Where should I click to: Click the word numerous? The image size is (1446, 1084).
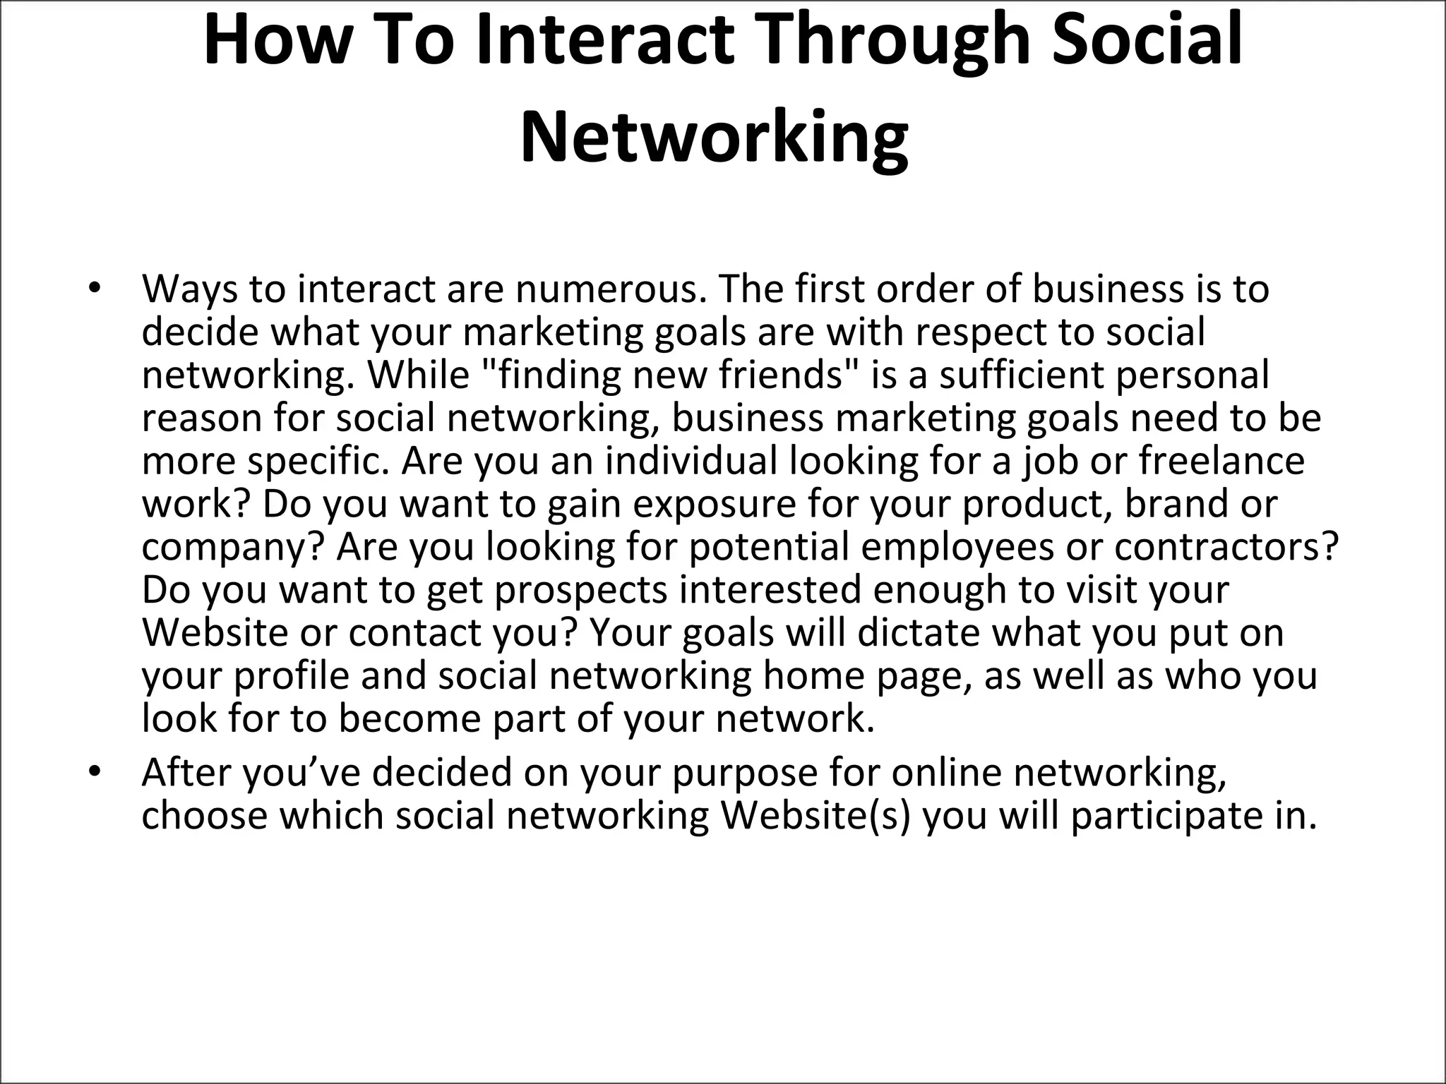pos(609,289)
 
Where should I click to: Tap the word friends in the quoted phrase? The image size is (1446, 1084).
pos(783,375)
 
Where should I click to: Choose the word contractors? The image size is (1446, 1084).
pos(1226,547)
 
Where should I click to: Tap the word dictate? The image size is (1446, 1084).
pos(919,633)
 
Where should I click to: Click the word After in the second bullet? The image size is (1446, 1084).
pos(186,773)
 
